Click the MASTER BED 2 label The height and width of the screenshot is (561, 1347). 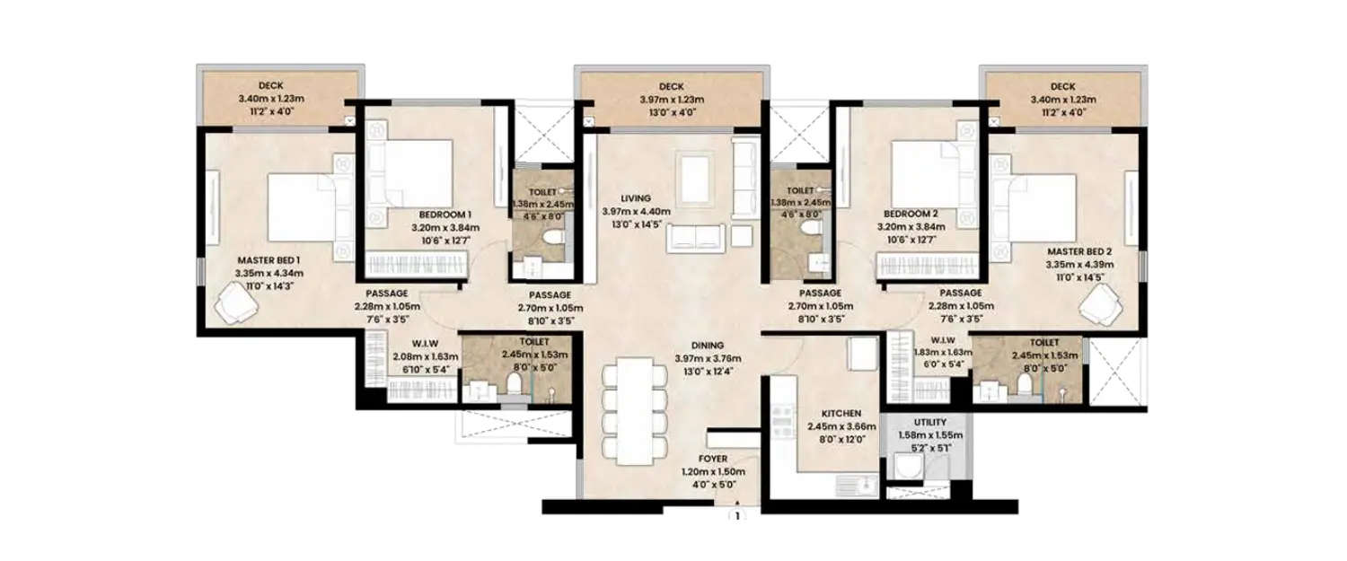(1078, 252)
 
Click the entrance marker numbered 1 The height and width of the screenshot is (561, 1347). (737, 517)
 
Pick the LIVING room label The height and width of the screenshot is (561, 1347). (635, 198)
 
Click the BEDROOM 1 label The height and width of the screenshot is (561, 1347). (445, 215)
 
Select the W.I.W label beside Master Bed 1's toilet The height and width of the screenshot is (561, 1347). (400, 345)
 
